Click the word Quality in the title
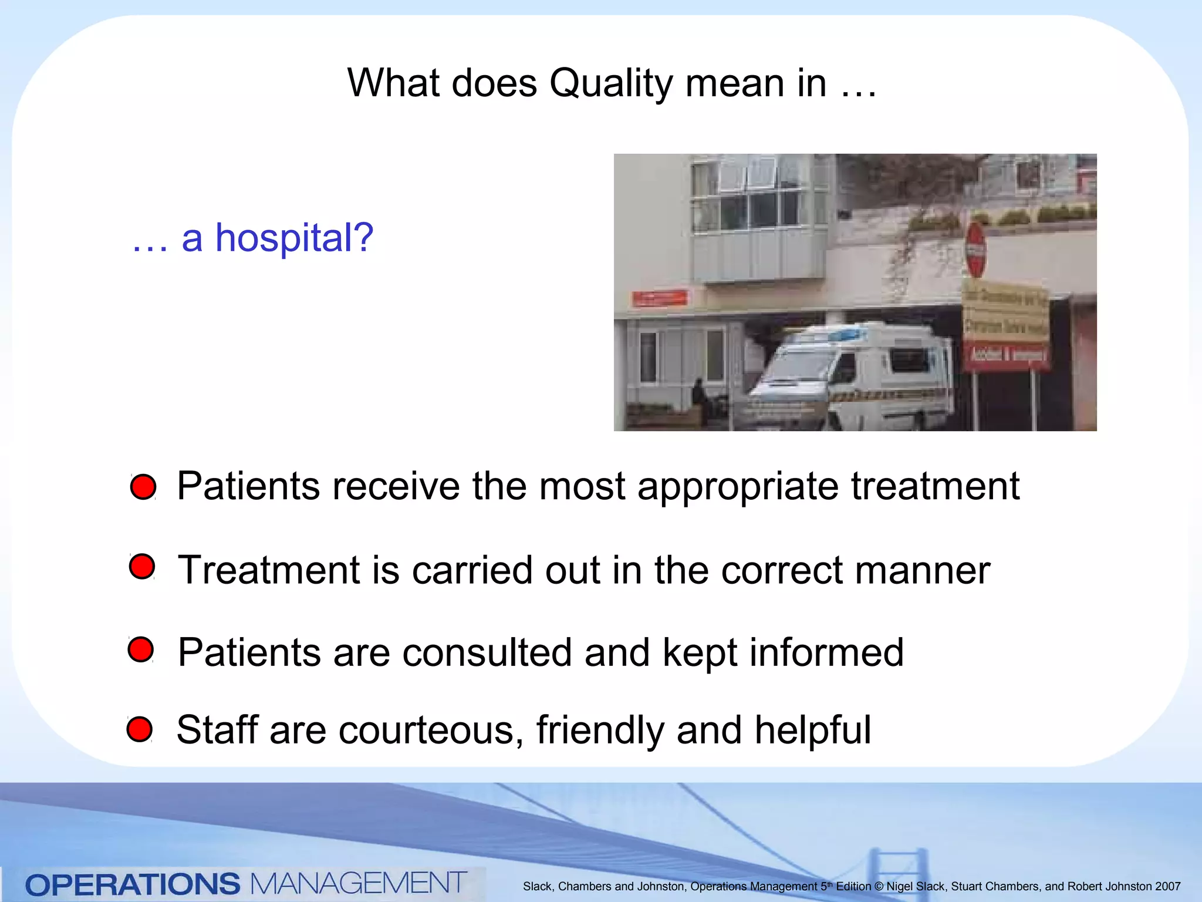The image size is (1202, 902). [x=610, y=84]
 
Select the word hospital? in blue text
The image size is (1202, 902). [x=294, y=238]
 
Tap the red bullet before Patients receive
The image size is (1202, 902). [x=143, y=487]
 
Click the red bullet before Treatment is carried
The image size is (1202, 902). [x=142, y=566]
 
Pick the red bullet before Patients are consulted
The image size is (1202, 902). [x=141, y=649]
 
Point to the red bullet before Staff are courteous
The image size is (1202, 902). [x=140, y=729]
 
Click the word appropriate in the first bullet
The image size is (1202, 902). [x=738, y=487]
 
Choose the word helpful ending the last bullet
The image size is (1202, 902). [x=812, y=730]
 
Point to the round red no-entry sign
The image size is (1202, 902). [x=975, y=250]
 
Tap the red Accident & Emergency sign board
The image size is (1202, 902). [x=1006, y=355]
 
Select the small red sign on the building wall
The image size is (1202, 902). [x=660, y=298]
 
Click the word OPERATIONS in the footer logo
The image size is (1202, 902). [x=133, y=884]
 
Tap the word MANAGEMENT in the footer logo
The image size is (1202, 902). [x=358, y=883]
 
